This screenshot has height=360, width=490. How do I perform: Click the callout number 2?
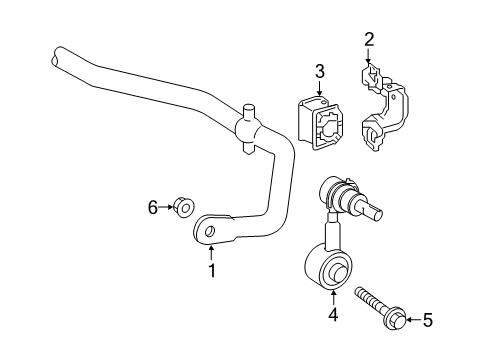(369, 40)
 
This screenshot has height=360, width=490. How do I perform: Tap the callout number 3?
(320, 71)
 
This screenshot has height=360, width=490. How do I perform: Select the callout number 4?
(332, 315)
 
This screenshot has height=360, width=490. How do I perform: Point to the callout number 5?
(429, 320)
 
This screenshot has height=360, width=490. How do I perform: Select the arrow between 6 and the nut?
(166, 207)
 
